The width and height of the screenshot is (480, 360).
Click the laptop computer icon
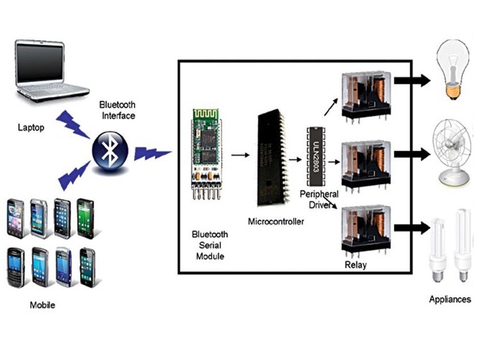point(52,69)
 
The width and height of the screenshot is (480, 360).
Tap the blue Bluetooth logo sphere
point(108,150)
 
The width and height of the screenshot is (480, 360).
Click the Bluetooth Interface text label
point(117,110)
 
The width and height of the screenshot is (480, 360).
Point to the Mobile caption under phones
point(42,305)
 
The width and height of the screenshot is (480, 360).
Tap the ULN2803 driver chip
point(315,154)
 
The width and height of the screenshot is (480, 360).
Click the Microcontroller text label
point(275,221)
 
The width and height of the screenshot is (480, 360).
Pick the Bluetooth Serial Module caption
point(209,245)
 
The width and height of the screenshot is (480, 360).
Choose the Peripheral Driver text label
point(318,200)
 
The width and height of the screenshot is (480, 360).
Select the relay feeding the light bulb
point(365,95)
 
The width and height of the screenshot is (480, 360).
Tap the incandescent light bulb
point(455,69)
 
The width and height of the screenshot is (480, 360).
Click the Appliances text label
point(449,299)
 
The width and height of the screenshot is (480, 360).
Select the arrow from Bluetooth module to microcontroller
point(240,155)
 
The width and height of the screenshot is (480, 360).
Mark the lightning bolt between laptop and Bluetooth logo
point(74,123)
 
